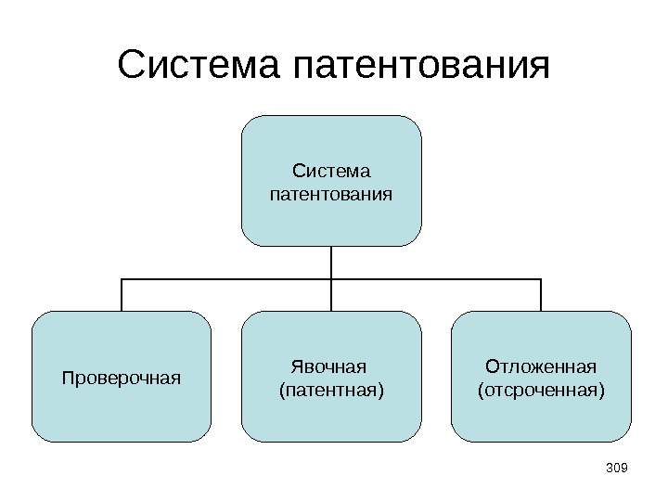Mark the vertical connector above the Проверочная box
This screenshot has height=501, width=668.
(122, 295)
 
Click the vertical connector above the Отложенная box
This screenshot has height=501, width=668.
(541, 295)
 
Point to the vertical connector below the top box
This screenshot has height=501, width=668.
(331, 262)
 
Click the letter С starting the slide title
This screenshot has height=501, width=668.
(133, 66)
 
